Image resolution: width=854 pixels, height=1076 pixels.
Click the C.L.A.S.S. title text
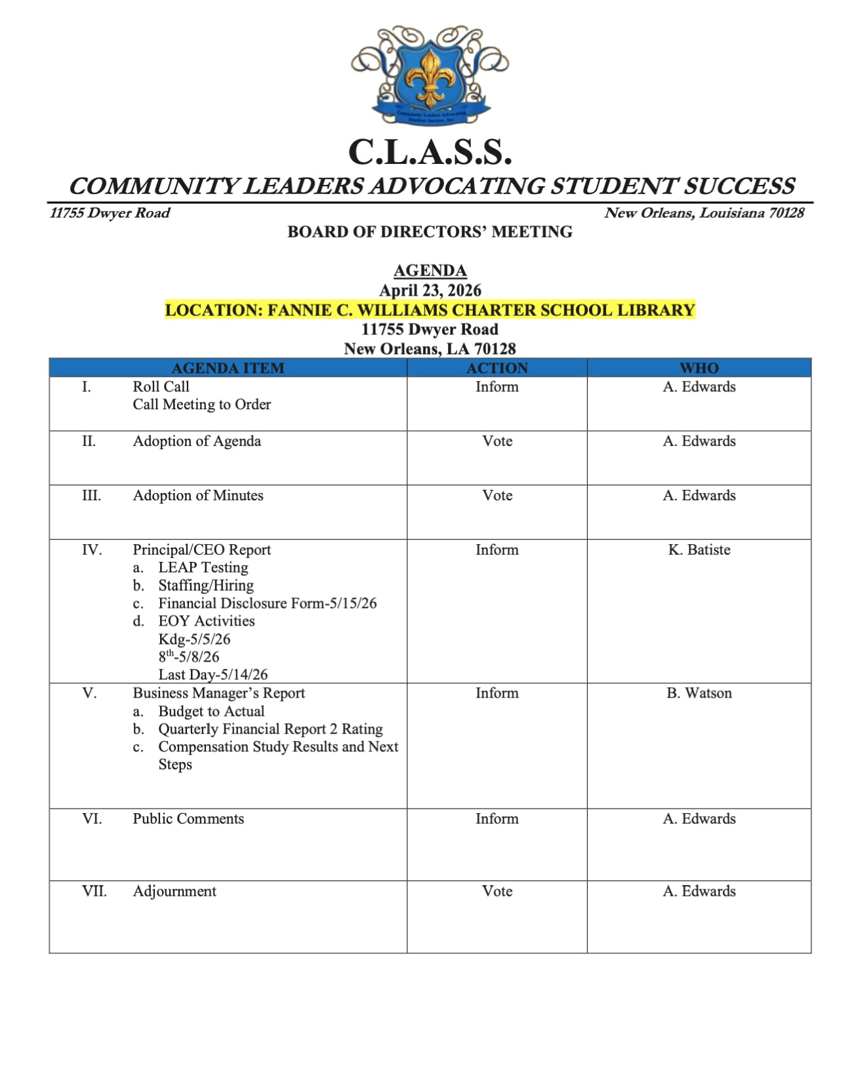tap(430, 152)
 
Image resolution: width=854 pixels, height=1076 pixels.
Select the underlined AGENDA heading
tap(430, 271)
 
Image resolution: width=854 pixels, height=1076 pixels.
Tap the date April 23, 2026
tap(430, 290)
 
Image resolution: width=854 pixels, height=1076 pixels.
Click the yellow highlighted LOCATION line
tap(430, 310)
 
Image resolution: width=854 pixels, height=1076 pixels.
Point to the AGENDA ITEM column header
tap(228, 368)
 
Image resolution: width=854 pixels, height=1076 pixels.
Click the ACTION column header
tap(497, 368)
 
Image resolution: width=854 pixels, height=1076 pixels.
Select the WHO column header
tap(699, 368)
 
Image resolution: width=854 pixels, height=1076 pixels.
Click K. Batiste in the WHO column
tap(699, 549)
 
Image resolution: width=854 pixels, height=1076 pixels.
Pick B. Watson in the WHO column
tap(699, 693)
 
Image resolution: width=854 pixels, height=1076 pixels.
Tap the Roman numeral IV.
tap(92, 549)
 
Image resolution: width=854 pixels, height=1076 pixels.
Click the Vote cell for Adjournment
tap(497, 891)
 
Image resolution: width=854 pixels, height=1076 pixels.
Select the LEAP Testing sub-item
tap(203, 567)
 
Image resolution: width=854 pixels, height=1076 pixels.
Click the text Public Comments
tap(188, 818)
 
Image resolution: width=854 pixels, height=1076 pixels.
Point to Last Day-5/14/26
tap(213, 674)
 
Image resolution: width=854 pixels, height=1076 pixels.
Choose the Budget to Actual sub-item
tap(211, 711)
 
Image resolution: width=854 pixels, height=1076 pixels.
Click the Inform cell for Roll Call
tap(497, 387)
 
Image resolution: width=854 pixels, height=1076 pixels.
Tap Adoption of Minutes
tap(198, 495)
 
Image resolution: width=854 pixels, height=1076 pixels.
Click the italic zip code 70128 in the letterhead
tap(786, 213)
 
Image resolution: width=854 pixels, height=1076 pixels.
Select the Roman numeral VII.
tap(94, 891)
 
